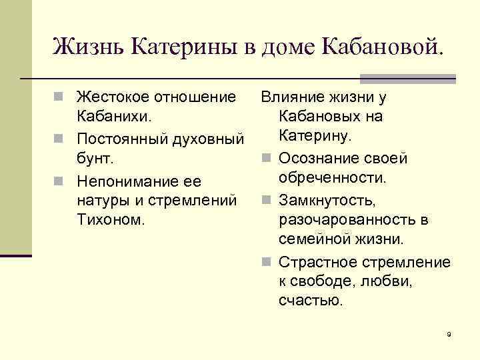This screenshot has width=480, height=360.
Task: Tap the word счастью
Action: point(311,300)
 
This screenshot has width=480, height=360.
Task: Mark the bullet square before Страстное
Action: point(266,263)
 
